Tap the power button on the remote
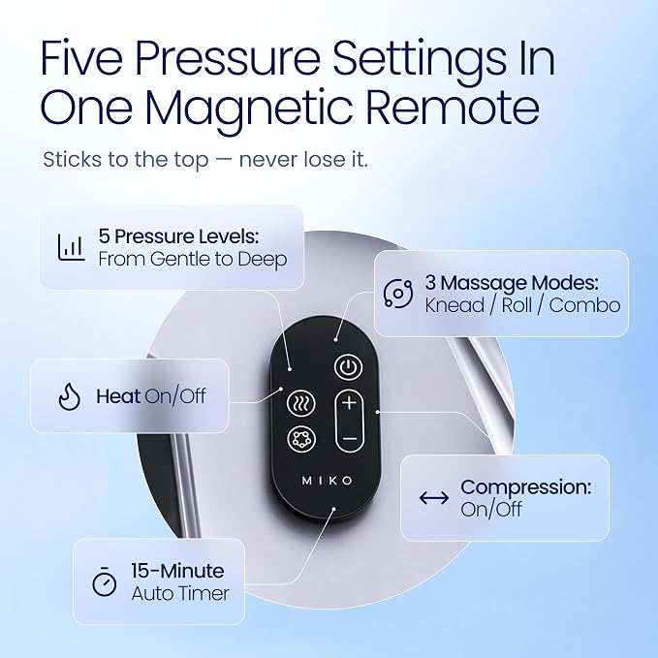point(348,367)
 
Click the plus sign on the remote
point(349,404)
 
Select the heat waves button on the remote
point(300,404)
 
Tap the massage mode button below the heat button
point(301,439)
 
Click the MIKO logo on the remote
point(328,481)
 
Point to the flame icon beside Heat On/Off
point(69,396)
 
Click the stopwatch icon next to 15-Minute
point(104,581)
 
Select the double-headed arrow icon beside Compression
point(434,498)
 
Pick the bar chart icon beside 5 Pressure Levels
point(71,247)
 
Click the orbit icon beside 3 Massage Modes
point(398,294)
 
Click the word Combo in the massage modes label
point(584,305)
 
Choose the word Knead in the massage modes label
point(454,305)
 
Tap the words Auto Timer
point(180,593)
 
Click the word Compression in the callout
point(526,488)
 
